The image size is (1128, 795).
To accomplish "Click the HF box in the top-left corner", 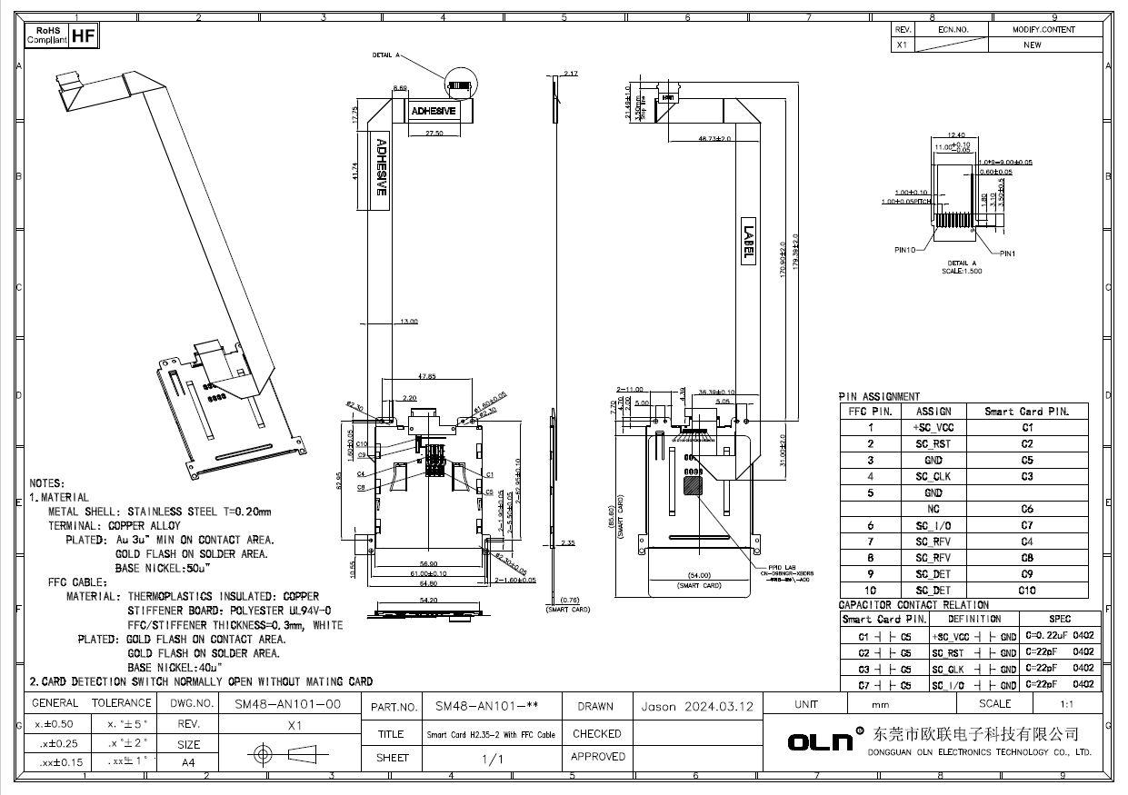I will point(83,36).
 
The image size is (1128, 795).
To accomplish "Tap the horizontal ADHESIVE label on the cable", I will point(434,111).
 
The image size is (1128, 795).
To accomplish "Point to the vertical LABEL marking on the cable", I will point(748,243).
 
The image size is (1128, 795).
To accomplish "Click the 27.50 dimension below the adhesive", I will point(434,134).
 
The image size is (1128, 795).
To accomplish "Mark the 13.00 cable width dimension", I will point(409,322).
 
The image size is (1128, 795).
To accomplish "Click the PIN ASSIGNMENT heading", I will point(879,396).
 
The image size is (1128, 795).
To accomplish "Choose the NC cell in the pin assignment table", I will point(933,509).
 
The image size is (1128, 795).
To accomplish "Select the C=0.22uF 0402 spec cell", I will point(1060,636).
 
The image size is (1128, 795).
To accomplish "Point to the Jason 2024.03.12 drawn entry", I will point(697,706).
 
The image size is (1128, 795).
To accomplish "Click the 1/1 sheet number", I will point(492,760).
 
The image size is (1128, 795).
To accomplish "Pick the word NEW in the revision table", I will point(1033,45).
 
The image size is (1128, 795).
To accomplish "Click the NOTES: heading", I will point(46,483).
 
